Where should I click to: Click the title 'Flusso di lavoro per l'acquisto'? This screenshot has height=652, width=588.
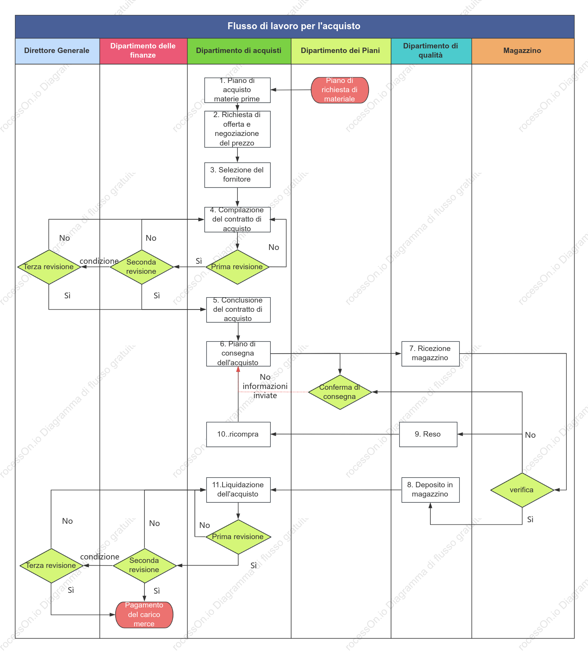[x=294, y=26]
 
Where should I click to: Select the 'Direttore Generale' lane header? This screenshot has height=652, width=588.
[x=57, y=51]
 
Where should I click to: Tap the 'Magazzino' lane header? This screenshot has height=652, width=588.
[x=523, y=51]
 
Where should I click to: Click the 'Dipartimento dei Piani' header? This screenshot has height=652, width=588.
[x=341, y=51]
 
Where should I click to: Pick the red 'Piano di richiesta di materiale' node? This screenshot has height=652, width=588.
[x=340, y=90]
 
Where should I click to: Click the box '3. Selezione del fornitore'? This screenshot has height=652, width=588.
[x=238, y=175]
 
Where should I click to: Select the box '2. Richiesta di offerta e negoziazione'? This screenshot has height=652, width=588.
[x=238, y=129]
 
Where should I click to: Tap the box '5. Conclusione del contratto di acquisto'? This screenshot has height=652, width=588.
[x=238, y=309]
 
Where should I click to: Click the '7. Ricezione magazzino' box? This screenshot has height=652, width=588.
[x=430, y=354]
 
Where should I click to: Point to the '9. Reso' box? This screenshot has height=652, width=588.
[x=428, y=434]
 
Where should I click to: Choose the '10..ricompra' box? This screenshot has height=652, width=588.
[x=238, y=434]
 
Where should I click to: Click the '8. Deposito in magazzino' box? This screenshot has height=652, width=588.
[x=430, y=490]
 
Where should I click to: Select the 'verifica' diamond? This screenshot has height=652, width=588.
[x=522, y=490]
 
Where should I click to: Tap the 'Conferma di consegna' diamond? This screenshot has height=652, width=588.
[x=340, y=392]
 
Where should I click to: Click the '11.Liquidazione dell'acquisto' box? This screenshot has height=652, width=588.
[x=238, y=490]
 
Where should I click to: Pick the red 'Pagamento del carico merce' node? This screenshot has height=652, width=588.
[x=144, y=615]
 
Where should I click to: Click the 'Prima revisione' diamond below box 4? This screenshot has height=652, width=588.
[x=238, y=267]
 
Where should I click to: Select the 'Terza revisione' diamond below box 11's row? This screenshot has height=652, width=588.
[x=51, y=566]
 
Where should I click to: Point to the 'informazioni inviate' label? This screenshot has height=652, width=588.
[x=265, y=391]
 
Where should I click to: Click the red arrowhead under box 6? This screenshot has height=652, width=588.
[x=238, y=369]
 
